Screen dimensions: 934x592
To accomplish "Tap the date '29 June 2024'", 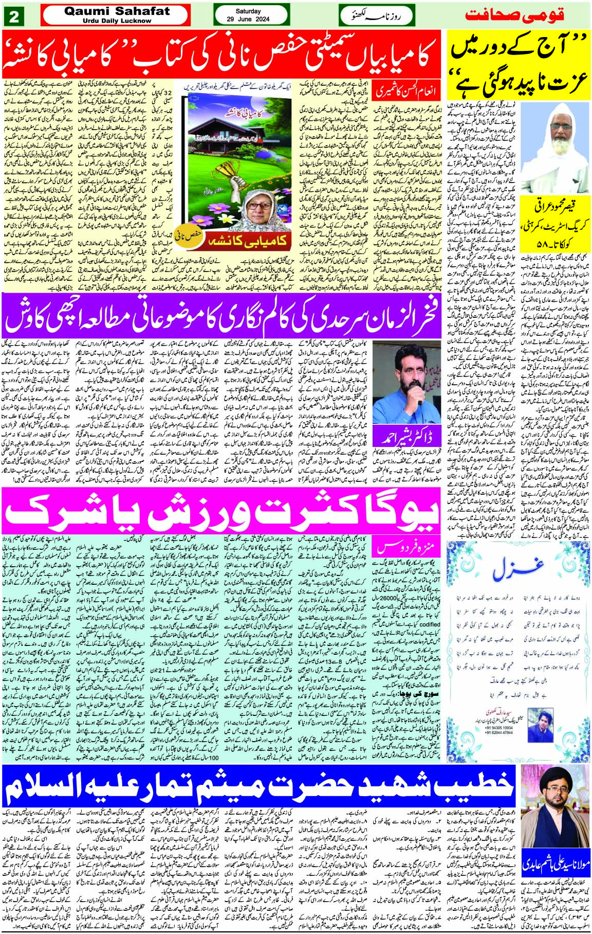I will [248, 19].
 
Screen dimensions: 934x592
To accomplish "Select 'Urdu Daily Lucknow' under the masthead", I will [107, 21].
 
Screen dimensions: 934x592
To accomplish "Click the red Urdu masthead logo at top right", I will [514, 14].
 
